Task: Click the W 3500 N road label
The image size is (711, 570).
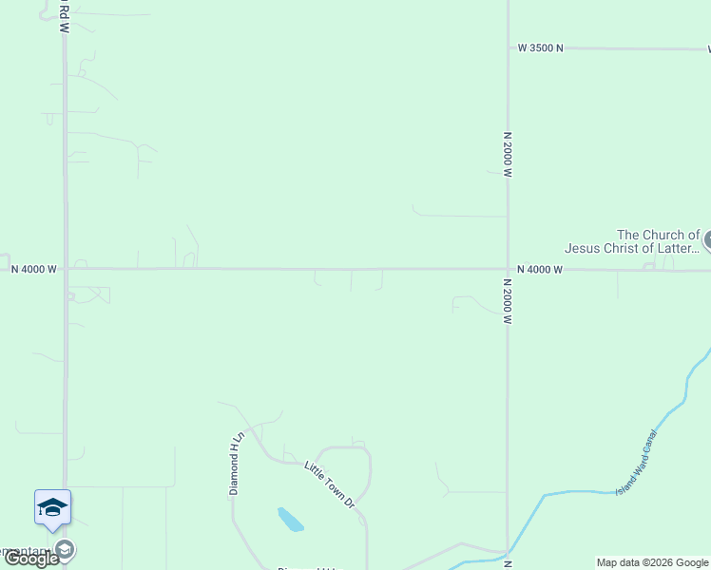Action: tap(540, 47)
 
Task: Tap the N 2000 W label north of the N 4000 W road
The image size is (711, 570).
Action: tap(509, 155)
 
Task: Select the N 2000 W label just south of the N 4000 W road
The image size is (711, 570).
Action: tap(509, 301)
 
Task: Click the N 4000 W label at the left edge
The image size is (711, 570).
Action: tap(34, 270)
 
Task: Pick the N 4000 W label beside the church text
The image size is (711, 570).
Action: tap(540, 270)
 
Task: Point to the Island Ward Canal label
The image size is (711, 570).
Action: tap(636, 462)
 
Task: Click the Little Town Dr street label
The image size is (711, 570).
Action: tap(329, 484)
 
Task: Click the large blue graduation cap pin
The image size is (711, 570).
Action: tap(52, 508)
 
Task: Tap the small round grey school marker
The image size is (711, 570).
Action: tap(65, 549)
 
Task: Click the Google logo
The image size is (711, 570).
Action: tap(31, 559)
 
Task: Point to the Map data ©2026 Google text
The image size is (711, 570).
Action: tap(652, 562)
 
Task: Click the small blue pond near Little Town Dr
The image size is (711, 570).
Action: tap(290, 520)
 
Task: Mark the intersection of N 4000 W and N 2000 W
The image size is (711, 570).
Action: tap(508, 269)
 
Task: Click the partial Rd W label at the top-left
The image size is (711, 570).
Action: tap(64, 16)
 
